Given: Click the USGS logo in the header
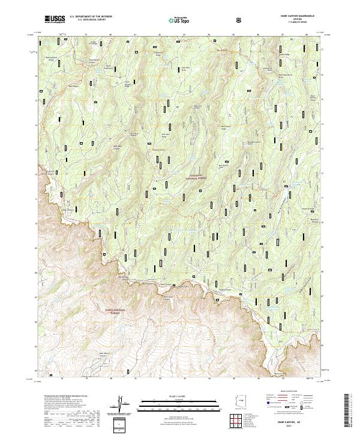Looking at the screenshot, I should [55, 20].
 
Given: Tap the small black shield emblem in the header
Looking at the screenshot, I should [239, 19].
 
